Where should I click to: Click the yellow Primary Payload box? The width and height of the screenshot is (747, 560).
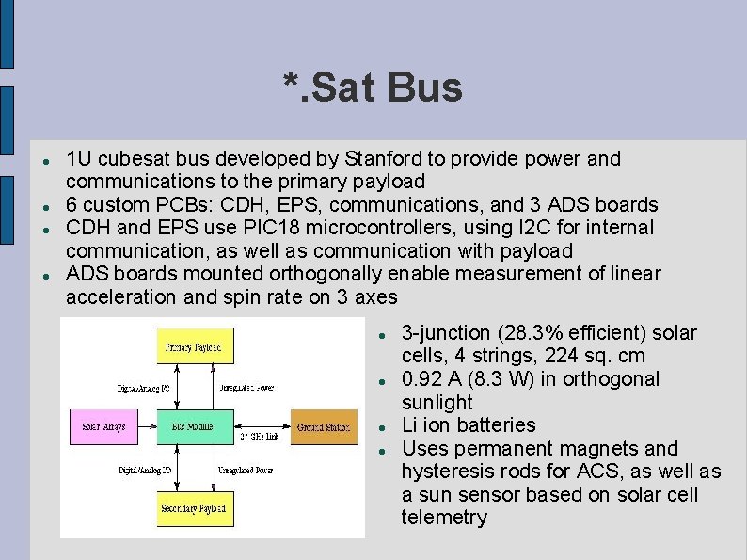pos(194,347)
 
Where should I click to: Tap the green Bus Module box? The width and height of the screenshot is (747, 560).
pos(192,427)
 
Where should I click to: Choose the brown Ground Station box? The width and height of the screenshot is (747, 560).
pos(324,427)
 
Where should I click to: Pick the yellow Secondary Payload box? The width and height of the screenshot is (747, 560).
pos(194,509)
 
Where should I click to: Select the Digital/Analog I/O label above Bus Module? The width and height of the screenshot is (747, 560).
pos(143,388)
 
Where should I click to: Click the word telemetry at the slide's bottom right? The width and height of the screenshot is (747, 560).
pos(444,517)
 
